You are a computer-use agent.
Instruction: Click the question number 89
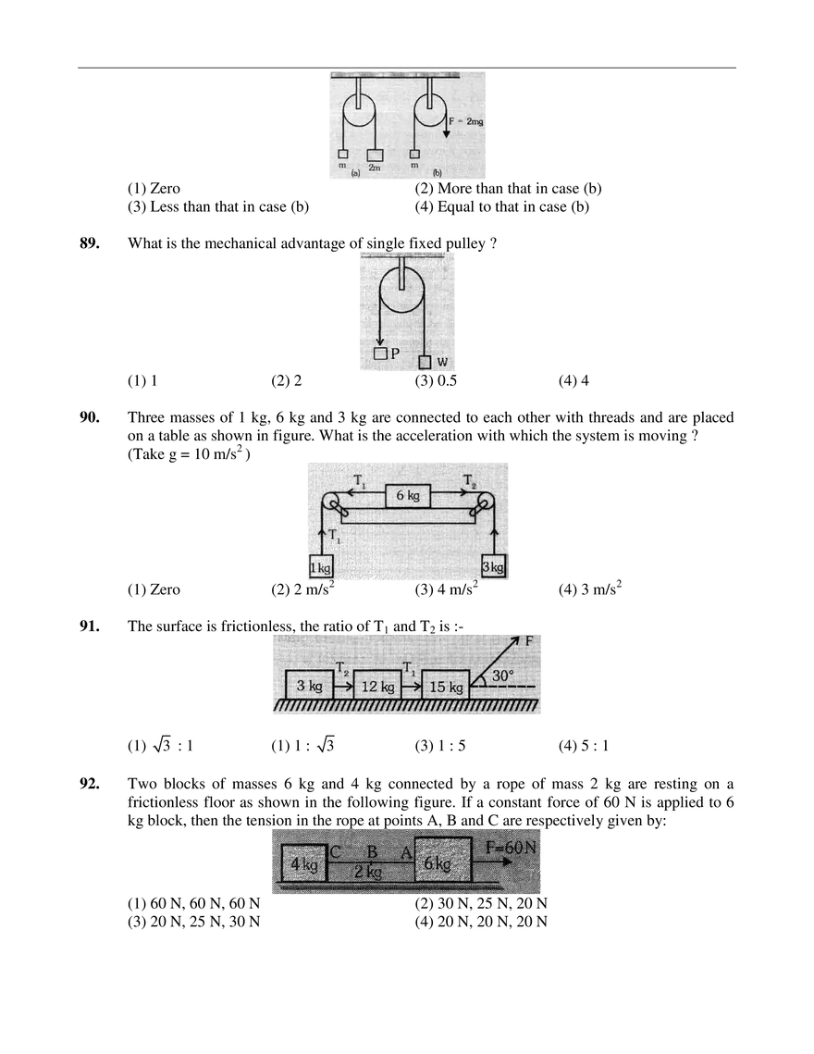[90, 243]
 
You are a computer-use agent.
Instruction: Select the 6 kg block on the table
[408, 495]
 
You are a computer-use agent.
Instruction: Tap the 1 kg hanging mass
[321, 566]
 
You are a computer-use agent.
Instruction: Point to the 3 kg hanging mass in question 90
[494, 566]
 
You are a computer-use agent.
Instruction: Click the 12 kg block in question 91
[377, 687]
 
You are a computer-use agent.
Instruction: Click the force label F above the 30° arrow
[529, 641]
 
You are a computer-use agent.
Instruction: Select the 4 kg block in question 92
[304, 864]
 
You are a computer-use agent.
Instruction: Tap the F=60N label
[512, 848]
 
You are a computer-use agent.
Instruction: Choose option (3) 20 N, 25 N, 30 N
[193, 921]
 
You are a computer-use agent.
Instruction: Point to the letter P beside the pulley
[395, 353]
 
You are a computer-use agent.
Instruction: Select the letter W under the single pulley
[441, 363]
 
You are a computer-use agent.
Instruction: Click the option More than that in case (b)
[508, 188]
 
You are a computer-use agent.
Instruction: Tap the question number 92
[90, 784]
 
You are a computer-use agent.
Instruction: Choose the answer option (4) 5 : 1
[584, 745]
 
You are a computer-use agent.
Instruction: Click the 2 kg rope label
[368, 872]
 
